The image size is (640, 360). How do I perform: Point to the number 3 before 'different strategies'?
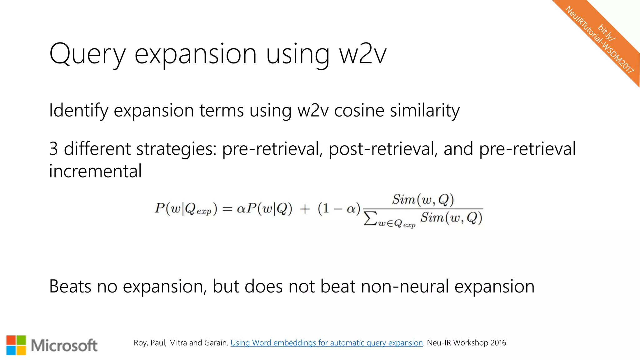53,149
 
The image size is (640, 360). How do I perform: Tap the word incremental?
95,171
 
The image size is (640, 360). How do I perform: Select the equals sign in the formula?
227,209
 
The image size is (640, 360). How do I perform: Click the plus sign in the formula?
305,209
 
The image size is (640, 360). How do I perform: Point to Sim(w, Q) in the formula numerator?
423,199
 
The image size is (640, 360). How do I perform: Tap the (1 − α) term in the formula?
339,208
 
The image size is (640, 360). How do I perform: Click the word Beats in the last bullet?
70,286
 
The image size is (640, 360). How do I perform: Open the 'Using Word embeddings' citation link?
327,343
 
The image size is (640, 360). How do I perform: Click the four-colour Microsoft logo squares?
16,345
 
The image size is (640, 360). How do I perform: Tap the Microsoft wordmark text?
64,346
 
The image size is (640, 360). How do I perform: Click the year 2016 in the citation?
498,343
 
